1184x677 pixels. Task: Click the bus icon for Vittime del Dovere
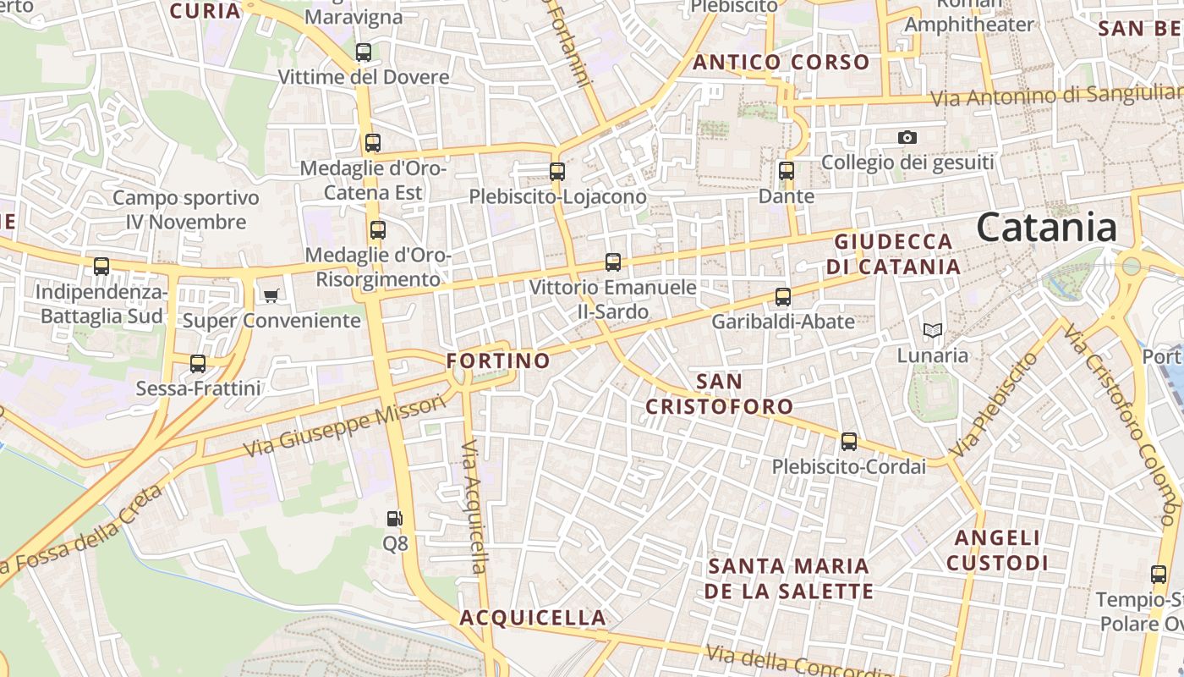(x=364, y=52)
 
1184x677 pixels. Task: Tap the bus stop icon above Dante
(x=787, y=171)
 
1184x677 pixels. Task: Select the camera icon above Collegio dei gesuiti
(x=907, y=137)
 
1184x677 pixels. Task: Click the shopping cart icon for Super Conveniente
(x=271, y=295)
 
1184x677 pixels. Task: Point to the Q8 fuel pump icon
(x=394, y=518)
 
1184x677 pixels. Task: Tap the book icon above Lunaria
(x=932, y=330)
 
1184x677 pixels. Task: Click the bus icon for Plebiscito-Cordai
(x=848, y=442)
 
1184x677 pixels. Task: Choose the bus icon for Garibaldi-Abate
(x=783, y=297)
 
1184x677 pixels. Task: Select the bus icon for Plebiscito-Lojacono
(x=556, y=172)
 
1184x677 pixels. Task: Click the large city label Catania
(x=1046, y=228)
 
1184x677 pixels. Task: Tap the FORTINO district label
(x=498, y=361)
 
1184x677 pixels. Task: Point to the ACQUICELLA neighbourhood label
(x=533, y=618)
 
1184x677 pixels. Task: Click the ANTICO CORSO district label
(x=781, y=62)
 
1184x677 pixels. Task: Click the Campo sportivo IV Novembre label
(x=186, y=210)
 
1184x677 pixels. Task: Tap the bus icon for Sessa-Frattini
(x=198, y=364)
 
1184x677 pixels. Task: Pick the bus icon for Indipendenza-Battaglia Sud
(x=101, y=267)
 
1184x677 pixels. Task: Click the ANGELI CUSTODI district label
(x=997, y=550)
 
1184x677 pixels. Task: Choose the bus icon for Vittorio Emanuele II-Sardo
(x=613, y=262)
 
